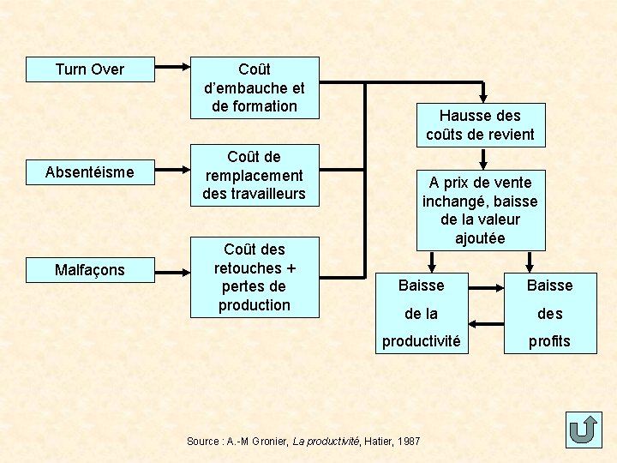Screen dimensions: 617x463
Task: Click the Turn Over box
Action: pos(90,69)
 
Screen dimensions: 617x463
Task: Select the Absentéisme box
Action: pos(90,172)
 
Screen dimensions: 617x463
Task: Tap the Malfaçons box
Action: pos(90,270)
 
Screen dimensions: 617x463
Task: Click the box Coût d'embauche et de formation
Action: pos(255,87)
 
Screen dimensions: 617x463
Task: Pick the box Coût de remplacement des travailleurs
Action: pos(255,175)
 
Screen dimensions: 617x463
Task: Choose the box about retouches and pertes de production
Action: pos(255,277)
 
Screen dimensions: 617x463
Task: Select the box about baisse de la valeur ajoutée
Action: pos(480,210)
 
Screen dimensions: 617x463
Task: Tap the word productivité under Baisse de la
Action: pos(421,341)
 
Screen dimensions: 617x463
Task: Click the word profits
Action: pos(549,341)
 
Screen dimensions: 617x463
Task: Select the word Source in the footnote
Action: pos(202,441)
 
